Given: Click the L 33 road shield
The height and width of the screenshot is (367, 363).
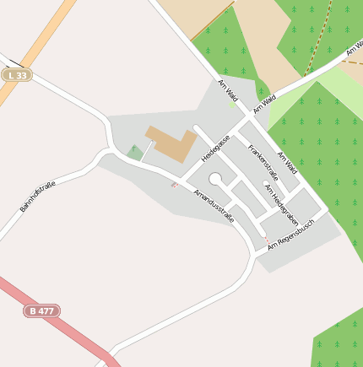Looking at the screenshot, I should tap(16, 75).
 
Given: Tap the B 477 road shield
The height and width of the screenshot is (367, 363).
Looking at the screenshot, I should tap(42, 310).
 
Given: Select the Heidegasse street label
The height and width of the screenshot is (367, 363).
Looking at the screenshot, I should tap(215, 148).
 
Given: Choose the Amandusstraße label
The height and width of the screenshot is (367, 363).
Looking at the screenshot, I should tap(214, 206).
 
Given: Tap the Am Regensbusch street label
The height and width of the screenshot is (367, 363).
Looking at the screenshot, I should tap(291, 234).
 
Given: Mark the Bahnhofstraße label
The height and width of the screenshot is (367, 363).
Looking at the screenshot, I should tap(37, 196).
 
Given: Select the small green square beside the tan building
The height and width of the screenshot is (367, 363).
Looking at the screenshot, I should tap(135, 153).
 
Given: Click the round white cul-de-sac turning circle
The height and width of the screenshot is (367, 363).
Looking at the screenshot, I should tap(215, 179).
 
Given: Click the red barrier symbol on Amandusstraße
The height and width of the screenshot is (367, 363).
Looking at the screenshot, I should tap(175, 184).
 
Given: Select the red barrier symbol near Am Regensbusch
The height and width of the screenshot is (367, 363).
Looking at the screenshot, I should tap(268, 241).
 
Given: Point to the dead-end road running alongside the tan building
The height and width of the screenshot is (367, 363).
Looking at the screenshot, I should tap(212, 143).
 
